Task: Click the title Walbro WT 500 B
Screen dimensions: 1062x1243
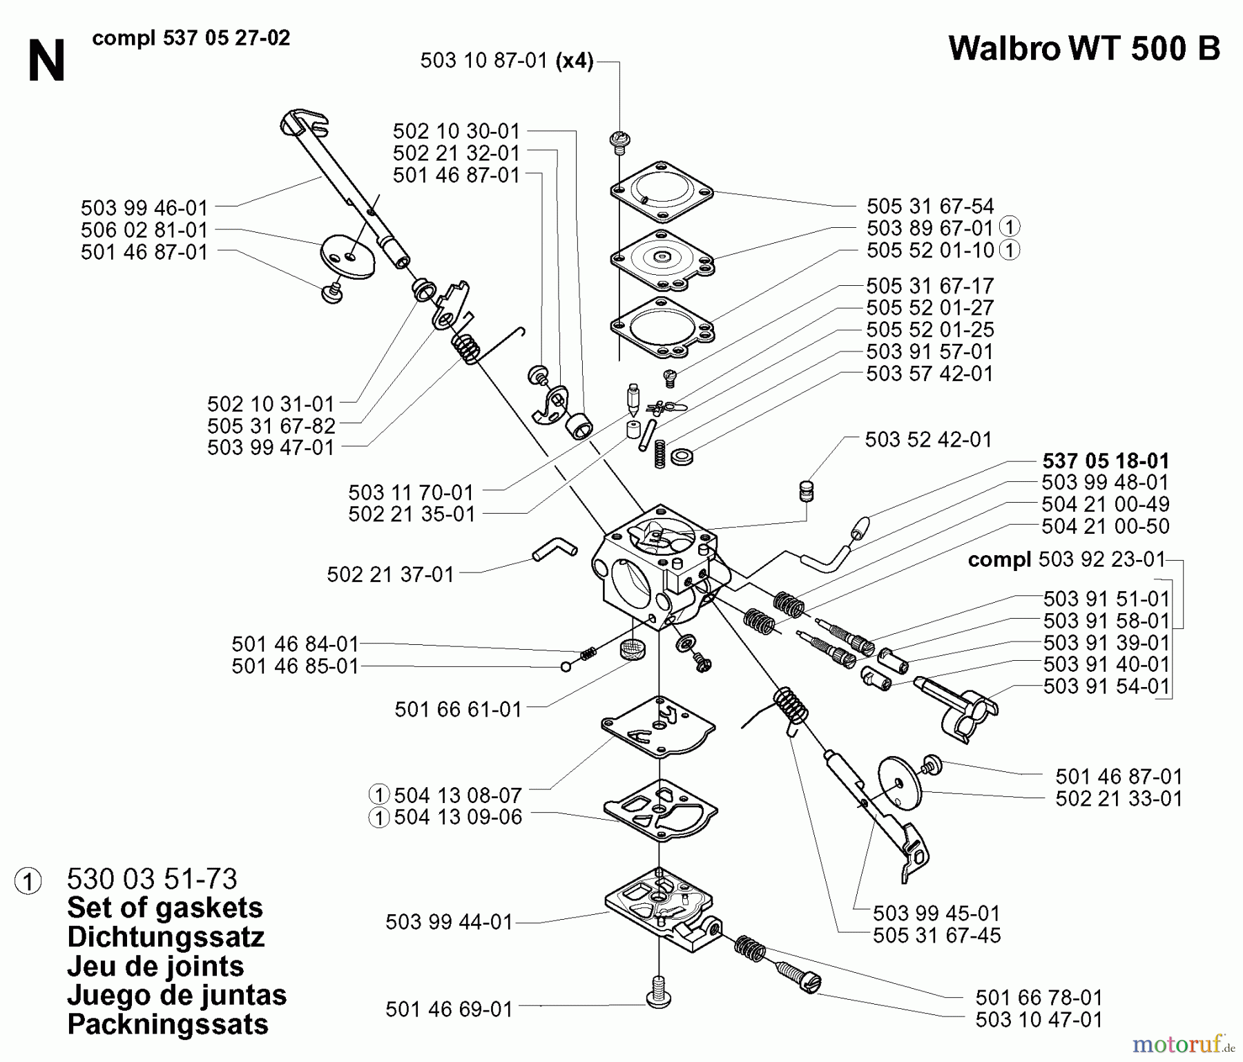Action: point(1084,49)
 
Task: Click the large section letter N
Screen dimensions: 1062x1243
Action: point(46,61)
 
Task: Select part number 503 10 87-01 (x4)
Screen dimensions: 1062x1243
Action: point(506,61)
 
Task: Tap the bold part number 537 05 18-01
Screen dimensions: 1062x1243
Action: point(1106,461)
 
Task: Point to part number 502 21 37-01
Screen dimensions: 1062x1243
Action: point(390,574)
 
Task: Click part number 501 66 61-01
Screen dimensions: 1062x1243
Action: point(458,709)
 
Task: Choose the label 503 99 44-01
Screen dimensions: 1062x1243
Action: point(449,922)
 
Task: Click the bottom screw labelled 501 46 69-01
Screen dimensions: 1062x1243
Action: point(659,997)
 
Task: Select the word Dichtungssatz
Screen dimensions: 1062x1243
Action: point(166,937)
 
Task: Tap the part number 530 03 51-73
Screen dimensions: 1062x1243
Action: point(152,879)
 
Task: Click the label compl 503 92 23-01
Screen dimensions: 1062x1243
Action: point(1066,559)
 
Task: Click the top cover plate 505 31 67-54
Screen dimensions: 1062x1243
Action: point(661,192)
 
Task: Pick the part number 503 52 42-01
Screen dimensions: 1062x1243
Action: point(928,439)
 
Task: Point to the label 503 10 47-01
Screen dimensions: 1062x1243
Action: point(1039,1019)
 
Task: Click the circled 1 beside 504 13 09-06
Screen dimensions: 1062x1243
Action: point(378,818)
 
